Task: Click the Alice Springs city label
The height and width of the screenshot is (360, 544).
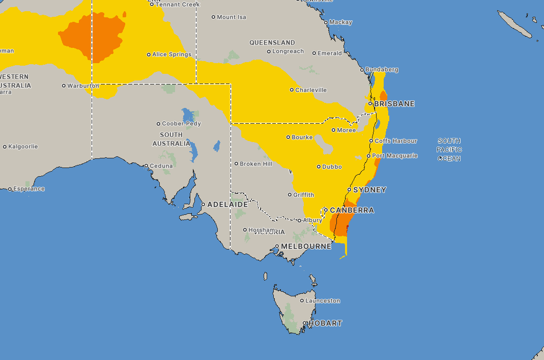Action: click(x=172, y=54)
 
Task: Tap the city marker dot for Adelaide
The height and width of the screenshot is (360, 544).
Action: click(x=203, y=204)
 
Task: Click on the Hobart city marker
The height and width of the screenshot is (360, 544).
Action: click(x=305, y=323)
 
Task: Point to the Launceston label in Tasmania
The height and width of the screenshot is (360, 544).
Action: click(x=323, y=301)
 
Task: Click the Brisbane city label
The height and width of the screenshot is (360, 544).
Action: click(x=394, y=104)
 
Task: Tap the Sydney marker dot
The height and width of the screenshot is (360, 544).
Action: click(x=349, y=189)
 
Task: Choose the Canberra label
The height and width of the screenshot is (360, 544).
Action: click(x=352, y=210)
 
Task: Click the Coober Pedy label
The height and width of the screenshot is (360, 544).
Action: click(x=182, y=124)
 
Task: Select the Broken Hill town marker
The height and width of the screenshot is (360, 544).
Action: click(x=236, y=164)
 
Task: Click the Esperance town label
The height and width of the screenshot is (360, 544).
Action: click(x=30, y=189)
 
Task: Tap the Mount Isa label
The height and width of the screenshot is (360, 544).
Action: click(x=232, y=17)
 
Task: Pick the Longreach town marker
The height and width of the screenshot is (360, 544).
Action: click(x=269, y=51)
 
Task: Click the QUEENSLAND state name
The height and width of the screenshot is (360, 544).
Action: click(x=272, y=43)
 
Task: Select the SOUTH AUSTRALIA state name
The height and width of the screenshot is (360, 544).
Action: click(x=171, y=139)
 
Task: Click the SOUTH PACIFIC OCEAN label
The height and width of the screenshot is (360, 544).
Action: click(x=449, y=150)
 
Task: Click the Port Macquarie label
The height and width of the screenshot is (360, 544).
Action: click(x=395, y=156)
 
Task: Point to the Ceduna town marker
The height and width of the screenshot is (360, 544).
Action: click(x=146, y=165)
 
